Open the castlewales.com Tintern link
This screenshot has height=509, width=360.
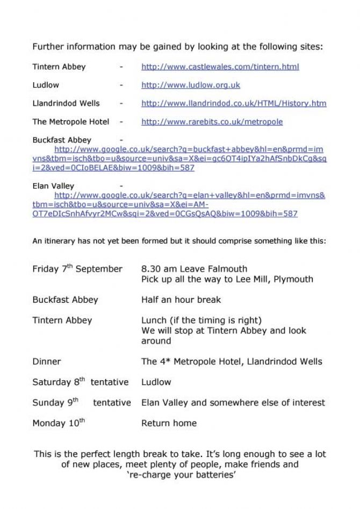pos(220,67)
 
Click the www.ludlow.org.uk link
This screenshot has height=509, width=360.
pos(190,85)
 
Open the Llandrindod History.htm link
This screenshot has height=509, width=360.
pos(233,104)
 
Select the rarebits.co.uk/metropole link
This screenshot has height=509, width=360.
pos(212,122)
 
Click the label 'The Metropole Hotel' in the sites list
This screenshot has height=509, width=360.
pos(70,122)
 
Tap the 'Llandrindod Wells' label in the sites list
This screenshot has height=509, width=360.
pos(66,104)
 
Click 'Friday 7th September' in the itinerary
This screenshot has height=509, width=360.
pos(77,269)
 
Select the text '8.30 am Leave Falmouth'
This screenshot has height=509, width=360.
pos(194,269)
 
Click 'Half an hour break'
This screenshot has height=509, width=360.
pos(181,300)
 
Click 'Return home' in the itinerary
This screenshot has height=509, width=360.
pos(169,423)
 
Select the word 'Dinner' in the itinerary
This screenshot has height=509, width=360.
pos(47,362)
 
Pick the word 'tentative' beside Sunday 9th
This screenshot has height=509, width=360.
pos(112,403)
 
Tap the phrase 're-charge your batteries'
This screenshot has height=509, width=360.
pos(181,475)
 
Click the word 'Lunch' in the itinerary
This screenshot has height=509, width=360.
pos(154,321)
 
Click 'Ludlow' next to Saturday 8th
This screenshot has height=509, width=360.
pos(156,382)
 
